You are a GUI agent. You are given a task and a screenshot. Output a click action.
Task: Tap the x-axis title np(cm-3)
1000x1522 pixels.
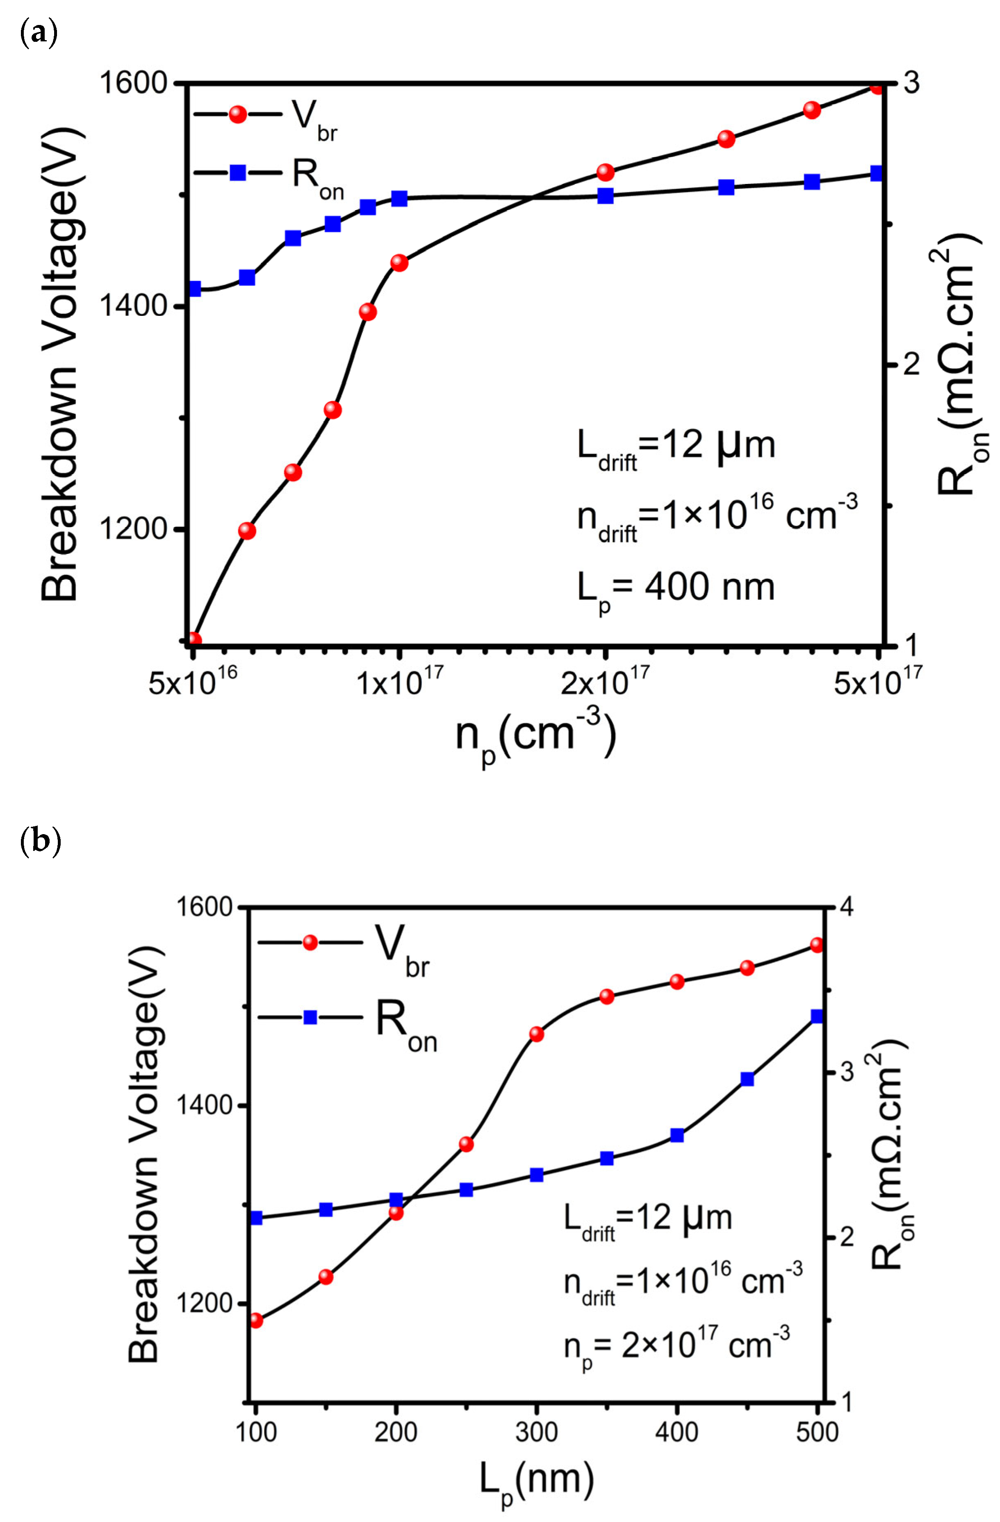[536, 735]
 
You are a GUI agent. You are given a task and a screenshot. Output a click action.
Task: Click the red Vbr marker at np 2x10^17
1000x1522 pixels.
[605, 172]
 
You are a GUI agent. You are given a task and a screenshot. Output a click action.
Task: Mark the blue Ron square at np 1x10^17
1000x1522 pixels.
[399, 199]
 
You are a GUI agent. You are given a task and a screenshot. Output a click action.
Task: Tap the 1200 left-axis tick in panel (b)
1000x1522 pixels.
[202, 1303]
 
